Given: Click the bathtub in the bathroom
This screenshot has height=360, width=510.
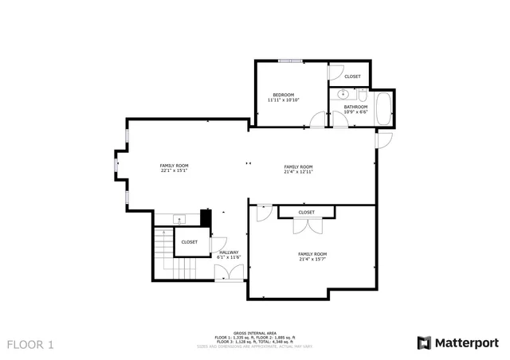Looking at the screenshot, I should point(382,108).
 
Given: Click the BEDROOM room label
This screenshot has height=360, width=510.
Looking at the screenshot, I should point(283,94).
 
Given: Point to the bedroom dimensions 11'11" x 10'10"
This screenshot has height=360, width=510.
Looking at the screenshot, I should point(283,100).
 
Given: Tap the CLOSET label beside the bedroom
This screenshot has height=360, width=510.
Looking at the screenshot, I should point(352,76).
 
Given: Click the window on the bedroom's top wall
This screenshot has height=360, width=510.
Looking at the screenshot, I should point(289,61).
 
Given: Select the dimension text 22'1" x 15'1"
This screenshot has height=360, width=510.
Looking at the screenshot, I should point(174,170).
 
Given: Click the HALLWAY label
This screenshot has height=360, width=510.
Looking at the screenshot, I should point(229,252).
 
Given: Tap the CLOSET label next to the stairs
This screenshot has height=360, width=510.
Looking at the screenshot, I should point(190,242).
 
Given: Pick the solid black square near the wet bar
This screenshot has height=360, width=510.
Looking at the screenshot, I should point(205,218).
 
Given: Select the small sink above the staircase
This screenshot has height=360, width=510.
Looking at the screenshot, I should point(178,219).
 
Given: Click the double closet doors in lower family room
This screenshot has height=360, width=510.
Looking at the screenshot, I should point(306,225).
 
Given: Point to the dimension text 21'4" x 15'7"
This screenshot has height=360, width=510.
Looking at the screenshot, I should point(312,259).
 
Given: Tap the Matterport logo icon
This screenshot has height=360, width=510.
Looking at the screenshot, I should point(424,342).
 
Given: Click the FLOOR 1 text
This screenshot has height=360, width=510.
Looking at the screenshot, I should point(30,345).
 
